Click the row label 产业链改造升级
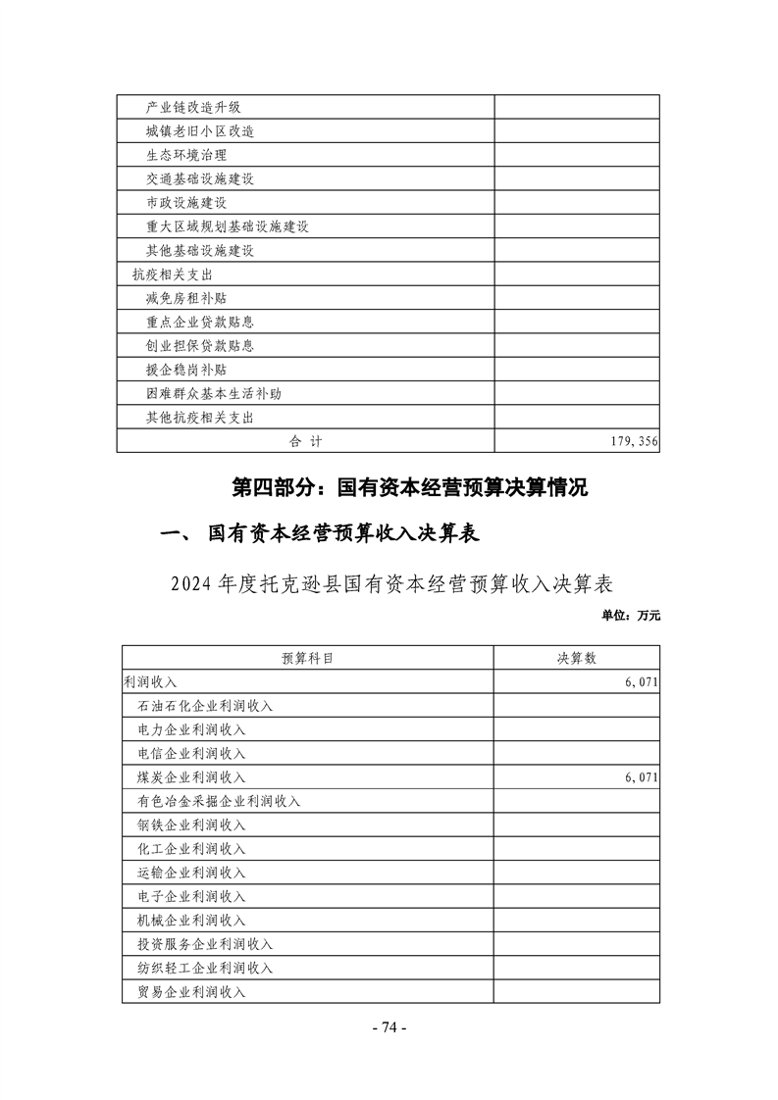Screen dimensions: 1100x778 pos(192,107)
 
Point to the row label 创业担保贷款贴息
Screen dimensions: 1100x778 pos(199,345)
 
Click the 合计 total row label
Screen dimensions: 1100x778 pos(305,441)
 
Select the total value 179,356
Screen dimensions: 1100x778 pos(634,441)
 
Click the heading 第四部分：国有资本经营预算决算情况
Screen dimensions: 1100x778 pos(408,487)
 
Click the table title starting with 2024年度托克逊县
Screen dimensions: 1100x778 pos(391,584)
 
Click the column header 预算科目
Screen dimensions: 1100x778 pos(307,659)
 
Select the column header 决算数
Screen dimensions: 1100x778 pos(576,659)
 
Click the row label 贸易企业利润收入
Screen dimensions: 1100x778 pos(192,991)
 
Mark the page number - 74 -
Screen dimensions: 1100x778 pos(389,1026)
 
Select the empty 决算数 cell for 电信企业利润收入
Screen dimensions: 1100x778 pos(576,754)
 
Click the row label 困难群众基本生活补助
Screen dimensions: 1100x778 pos(213,393)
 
